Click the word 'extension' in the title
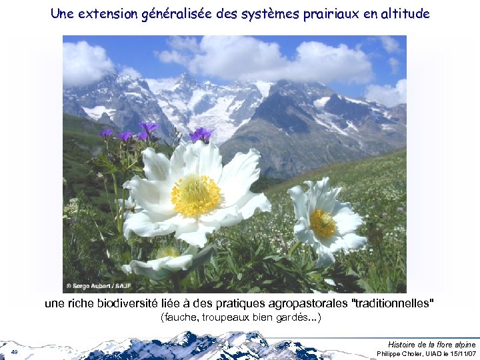(x=107, y=13)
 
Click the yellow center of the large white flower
(x=195, y=195)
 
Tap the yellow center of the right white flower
(x=323, y=223)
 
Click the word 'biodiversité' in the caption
(x=129, y=303)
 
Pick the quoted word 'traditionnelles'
(x=392, y=303)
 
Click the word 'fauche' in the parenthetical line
(x=179, y=317)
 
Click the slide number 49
(x=14, y=351)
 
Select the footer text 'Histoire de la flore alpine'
(x=431, y=344)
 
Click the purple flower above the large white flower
(x=200, y=135)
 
